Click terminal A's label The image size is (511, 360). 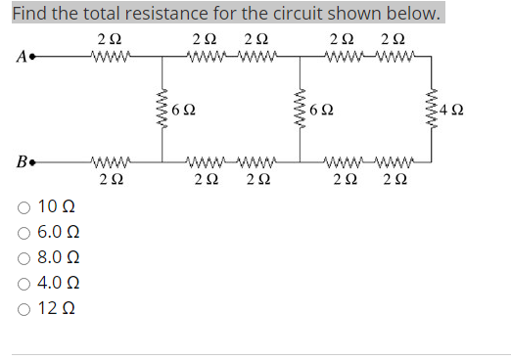click(x=19, y=54)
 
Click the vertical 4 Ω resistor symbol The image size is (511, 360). click(x=430, y=108)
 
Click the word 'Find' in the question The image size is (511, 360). click(x=29, y=14)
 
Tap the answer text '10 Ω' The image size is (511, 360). click(x=55, y=207)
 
